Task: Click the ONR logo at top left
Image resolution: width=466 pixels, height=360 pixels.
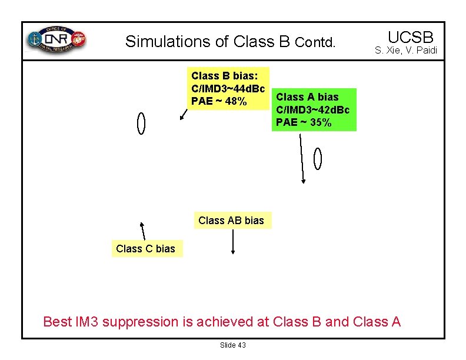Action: pos(56,40)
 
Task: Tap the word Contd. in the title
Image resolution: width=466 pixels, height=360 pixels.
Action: pos(315,43)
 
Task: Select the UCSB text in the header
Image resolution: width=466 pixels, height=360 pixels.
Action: pos(410,36)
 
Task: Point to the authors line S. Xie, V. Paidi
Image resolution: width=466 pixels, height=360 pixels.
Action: pos(406,51)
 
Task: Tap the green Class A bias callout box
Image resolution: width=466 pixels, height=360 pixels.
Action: pos(314,109)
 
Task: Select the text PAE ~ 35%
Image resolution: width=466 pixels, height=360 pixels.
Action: pos(304,122)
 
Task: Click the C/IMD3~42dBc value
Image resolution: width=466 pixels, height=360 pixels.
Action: pos(312,109)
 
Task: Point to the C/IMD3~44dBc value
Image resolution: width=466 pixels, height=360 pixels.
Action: pos(228,88)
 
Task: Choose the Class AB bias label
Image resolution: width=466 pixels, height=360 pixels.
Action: pos(231,221)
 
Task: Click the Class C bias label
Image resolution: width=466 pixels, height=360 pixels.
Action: pos(145,249)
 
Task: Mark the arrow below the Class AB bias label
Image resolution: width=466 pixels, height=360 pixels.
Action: pos(234,241)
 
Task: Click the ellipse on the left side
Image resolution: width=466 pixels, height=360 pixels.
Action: pos(141,123)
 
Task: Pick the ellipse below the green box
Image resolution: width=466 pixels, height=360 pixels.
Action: pos(318,159)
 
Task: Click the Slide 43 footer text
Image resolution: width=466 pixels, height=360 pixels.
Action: pos(233,345)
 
